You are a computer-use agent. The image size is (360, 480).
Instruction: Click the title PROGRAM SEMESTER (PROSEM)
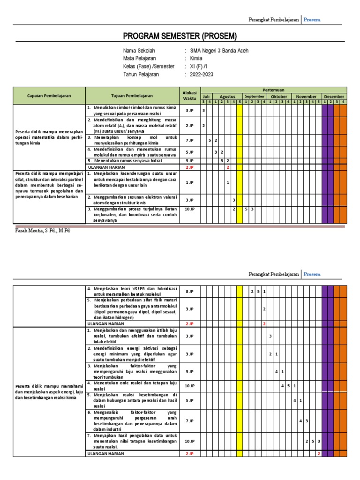[180, 37]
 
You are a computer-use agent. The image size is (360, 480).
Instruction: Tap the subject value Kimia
[196, 59]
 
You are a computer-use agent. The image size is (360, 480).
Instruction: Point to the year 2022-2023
[202, 75]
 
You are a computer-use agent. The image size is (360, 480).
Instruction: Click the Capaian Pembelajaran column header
[49, 96]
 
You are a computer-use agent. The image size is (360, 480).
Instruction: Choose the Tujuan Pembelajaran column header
[132, 96]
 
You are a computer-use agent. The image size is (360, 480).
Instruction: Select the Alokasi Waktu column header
[189, 96]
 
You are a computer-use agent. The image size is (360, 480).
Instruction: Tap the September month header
[255, 97]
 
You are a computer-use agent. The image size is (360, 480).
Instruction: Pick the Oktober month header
[279, 97]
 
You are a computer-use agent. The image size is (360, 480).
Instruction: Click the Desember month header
[334, 97]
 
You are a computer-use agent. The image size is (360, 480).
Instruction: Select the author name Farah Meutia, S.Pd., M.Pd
[41, 231]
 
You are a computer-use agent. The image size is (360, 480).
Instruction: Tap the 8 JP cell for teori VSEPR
[189, 292]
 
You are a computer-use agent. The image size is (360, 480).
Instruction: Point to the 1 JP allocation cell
[189, 183]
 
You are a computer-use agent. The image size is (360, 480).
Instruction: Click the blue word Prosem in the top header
[312, 20]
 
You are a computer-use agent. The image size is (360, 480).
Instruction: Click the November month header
[306, 97]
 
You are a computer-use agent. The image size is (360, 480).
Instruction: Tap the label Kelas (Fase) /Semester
[149, 67]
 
